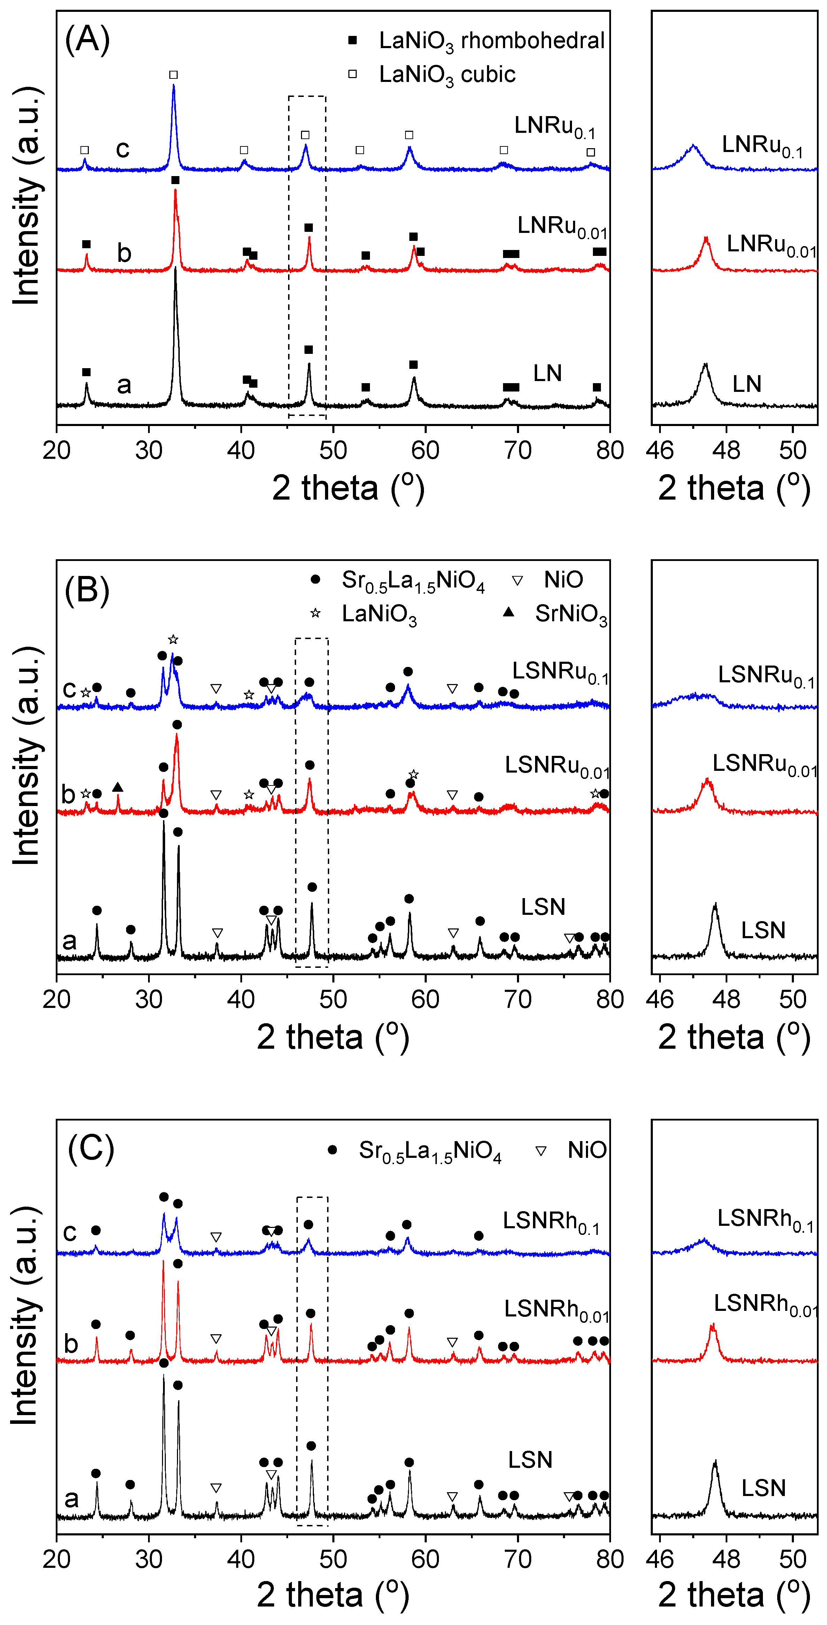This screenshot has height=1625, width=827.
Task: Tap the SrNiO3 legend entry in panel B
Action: click(x=555, y=613)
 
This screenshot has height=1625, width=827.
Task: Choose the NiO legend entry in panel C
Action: click(x=571, y=1150)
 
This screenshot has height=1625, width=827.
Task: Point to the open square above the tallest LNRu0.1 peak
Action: click(x=173, y=75)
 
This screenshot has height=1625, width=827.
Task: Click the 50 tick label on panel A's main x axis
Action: click(x=333, y=450)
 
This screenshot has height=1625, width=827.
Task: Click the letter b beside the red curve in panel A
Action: click(x=124, y=253)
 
